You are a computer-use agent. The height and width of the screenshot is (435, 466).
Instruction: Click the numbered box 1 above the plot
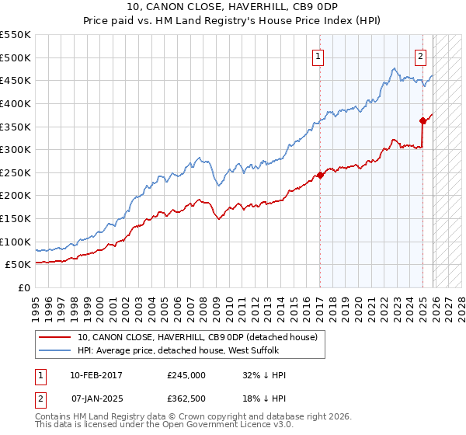coord(319,55)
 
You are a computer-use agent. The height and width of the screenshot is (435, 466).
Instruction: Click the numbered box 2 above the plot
coord(420,55)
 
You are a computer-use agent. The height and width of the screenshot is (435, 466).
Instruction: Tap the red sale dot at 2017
coord(320,175)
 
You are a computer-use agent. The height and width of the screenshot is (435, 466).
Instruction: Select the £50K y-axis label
coord(19,265)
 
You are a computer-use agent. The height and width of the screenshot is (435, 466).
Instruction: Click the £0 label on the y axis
coord(24,288)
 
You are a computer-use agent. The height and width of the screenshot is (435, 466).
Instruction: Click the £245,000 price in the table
coord(186,375)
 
